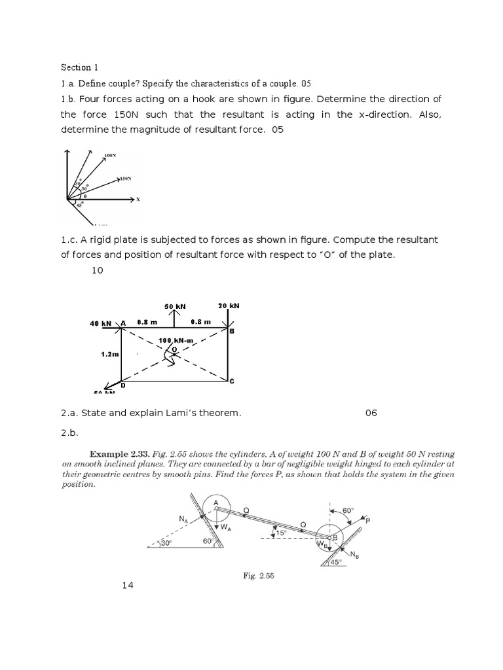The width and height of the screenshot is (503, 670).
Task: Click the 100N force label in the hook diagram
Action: point(109,156)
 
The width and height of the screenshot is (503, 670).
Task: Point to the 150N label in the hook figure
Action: point(126,178)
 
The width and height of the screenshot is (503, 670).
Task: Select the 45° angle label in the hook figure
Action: point(79,205)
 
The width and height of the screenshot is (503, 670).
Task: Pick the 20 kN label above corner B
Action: point(229,306)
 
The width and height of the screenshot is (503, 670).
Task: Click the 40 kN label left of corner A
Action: point(102,323)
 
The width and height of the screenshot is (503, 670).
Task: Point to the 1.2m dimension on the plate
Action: point(110,353)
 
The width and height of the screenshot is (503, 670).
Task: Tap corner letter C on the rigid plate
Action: point(231,381)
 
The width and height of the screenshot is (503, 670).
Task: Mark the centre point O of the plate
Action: point(174,349)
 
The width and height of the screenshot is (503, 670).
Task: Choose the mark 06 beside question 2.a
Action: point(371,413)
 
